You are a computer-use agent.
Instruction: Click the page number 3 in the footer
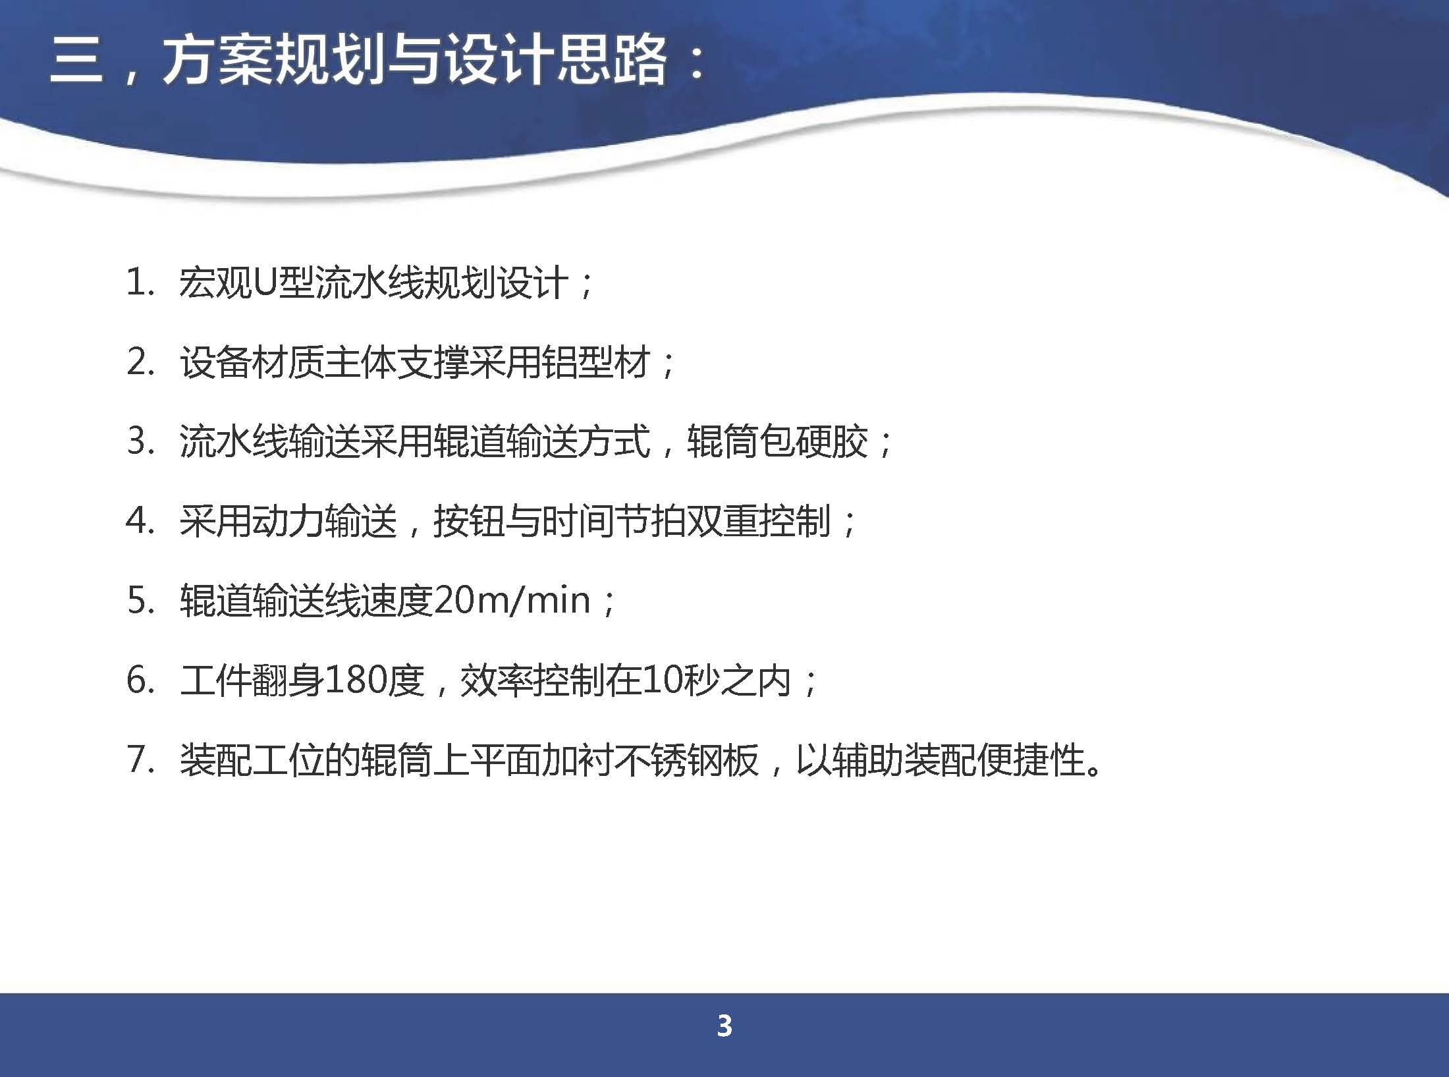(724, 1026)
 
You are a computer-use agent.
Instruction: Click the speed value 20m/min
(512, 600)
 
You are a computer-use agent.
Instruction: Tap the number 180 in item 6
(356, 680)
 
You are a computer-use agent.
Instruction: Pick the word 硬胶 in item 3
(831, 442)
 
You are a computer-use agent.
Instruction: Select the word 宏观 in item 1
(216, 284)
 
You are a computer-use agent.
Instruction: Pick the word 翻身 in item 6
(288, 680)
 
